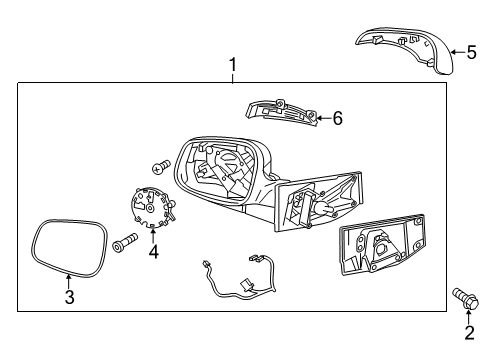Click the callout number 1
pos(233,65)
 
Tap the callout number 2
pos(469,332)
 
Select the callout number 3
pos(69,297)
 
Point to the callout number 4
pos(154,251)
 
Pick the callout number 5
pos(472,52)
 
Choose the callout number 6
pos(338,118)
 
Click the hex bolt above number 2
pos(465,298)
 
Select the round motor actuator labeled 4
pos(153,207)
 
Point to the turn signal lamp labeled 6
pos(282,113)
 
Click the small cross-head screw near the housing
pos(161,166)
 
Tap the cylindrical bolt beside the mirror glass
pos(125,243)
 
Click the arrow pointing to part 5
pos(459,52)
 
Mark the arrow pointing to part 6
pos(324,118)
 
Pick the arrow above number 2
pos(469,316)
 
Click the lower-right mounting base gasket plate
pos(382,244)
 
